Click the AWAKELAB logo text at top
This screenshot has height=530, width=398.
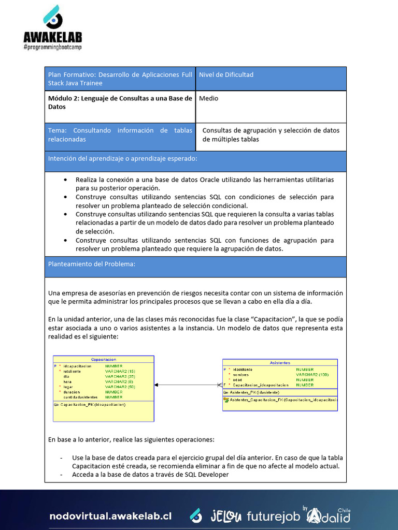click(52, 37)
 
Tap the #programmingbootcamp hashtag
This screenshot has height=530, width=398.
click(52, 47)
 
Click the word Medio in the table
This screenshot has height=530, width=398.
click(208, 98)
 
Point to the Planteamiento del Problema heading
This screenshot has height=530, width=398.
click(91, 264)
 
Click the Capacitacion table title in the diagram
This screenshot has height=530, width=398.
click(103, 359)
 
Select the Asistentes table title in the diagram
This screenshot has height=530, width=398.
click(280, 363)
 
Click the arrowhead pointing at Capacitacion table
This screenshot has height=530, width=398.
click(157, 385)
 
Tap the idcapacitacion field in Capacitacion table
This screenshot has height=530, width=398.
click(77, 366)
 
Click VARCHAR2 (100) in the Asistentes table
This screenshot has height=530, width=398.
click(312, 374)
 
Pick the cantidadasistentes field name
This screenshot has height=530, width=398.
click(80, 397)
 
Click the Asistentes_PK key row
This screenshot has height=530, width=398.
click(254, 392)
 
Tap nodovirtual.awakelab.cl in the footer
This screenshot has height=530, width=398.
click(110, 517)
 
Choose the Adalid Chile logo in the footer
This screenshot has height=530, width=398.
click(329, 516)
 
